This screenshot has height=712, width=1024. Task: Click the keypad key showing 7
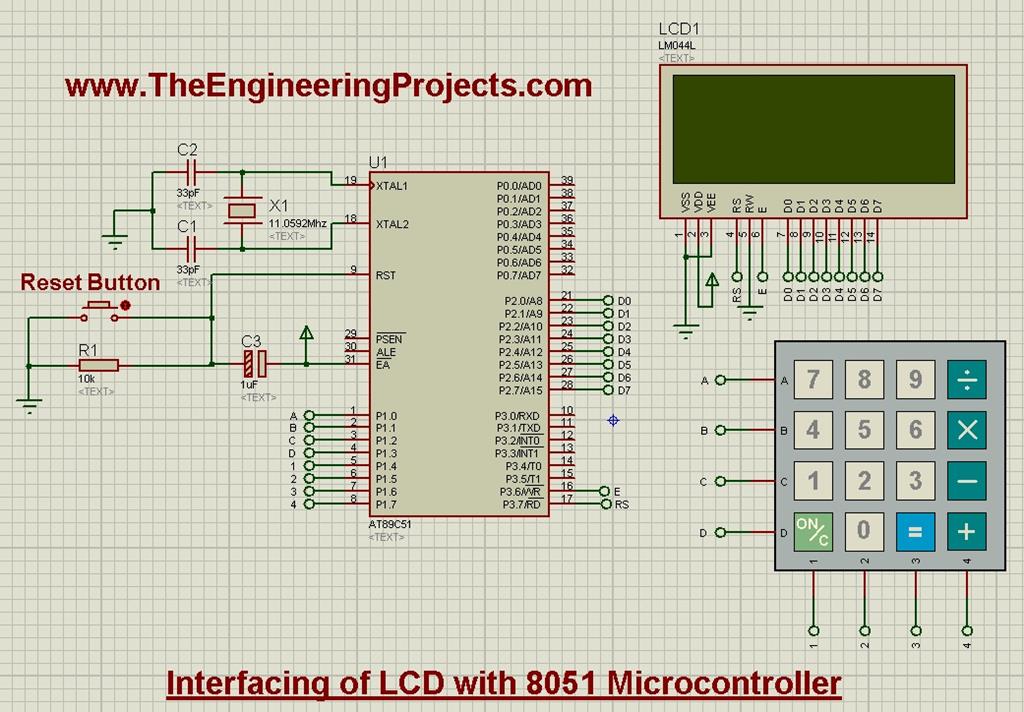coord(813,379)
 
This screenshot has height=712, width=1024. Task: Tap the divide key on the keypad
coord(966,379)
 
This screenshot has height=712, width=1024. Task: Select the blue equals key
coord(915,531)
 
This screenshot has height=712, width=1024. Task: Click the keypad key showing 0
coord(864,531)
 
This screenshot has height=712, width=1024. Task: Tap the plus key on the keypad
coord(966,531)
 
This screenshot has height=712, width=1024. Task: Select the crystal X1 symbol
coord(242,210)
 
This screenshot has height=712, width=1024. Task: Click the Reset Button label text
coord(90,283)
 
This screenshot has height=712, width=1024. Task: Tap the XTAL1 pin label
coord(392,186)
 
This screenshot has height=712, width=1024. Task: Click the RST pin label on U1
coord(386,275)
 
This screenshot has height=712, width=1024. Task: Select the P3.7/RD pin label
coord(519,505)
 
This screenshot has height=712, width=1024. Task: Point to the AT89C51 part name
coord(390,524)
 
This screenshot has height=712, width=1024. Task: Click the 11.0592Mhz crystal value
coord(297,223)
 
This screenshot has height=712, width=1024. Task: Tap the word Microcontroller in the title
coord(724,683)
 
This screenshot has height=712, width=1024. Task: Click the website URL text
coord(328,86)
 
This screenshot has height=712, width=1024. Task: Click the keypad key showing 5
coord(864,430)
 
